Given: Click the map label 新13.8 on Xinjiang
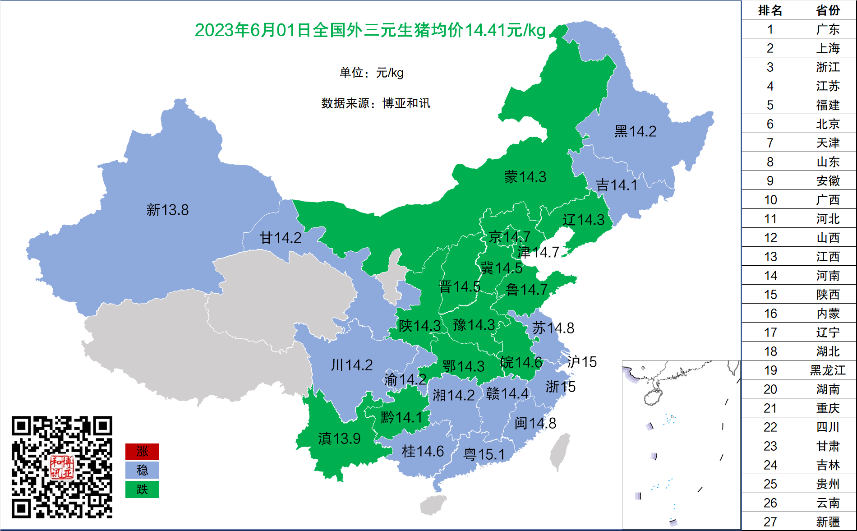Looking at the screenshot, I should [167, 210].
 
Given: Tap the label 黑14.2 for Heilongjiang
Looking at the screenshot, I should [635, 131].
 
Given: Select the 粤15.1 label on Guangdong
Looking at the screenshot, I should [484, 454].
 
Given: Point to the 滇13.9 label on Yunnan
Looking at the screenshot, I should [339, 438].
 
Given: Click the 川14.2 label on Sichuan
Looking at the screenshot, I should [352, 365].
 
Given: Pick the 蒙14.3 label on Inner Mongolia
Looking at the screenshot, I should [525, 177].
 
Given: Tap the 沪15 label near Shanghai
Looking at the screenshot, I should [582, 362].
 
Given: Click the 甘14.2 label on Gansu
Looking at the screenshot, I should [280, 238].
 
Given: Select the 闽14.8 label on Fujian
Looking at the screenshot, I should [535, 423].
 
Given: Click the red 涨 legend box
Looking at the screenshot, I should [142, 451].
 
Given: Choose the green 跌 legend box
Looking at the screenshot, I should [142, 489].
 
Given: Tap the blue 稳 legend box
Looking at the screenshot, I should [142, 470].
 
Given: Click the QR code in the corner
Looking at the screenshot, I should [62, 467].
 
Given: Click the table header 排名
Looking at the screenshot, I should [770, 10].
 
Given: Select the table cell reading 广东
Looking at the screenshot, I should [828, 29].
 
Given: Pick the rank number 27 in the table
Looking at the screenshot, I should [770, 522].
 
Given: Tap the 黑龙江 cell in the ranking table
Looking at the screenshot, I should [828, 370].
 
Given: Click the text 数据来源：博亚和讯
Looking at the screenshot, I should [375, 103].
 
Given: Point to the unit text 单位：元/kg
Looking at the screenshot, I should [371, 73].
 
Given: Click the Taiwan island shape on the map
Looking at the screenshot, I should [559, 453].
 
